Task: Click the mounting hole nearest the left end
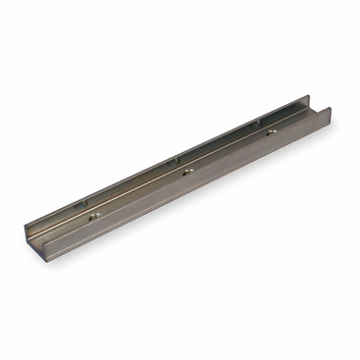coord(94,215)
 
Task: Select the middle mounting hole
coord(187,172)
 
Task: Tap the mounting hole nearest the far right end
coord(271,132)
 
